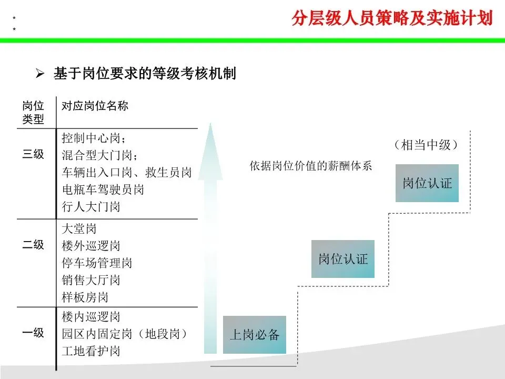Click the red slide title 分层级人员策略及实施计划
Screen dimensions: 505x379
392,19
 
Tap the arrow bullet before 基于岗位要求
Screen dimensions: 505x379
39,74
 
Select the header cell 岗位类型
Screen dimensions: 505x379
33,112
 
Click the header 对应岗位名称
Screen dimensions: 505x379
95,106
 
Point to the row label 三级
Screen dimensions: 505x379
33,155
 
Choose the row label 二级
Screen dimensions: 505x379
33,245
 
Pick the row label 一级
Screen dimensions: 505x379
33,333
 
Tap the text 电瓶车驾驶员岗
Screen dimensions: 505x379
103,189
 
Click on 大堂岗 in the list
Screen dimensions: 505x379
79,229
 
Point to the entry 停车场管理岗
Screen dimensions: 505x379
97,263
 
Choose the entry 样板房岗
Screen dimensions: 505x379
85,297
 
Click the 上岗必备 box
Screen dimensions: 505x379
255,335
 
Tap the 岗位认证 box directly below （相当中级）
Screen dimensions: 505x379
427,183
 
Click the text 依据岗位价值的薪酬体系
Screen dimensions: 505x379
310,166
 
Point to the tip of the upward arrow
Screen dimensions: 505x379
210,125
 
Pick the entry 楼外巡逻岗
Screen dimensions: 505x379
91,246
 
